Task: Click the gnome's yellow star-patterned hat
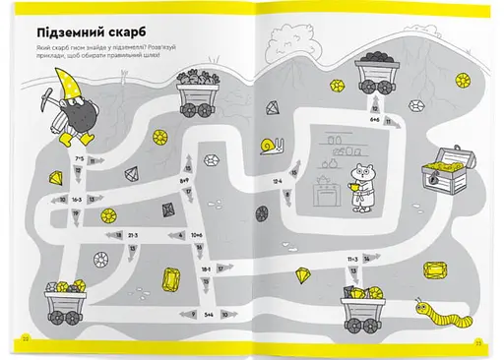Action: [x=66, y=86]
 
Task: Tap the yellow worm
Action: [x=433, y=312]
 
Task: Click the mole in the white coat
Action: [x=364, y=183]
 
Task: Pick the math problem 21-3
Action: [x=132, y=236]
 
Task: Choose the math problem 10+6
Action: [x=197, y=235]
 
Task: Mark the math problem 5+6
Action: [x=209, y=315]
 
